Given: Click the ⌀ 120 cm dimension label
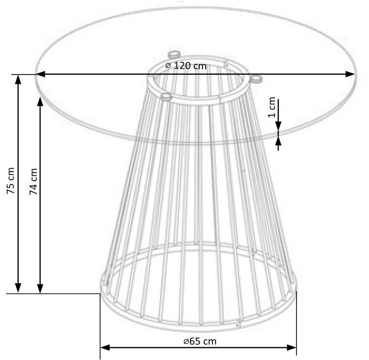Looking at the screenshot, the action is tap(186, 66).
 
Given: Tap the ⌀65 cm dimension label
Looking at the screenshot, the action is tap(200, 341).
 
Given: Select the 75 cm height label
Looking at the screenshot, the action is tap(11, 181).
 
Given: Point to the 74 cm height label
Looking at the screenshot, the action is tap(33, 181).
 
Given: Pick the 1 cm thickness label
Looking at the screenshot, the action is tap(272, 107).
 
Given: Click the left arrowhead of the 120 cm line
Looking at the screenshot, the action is tap(40, 74).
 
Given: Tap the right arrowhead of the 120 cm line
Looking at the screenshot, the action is tap(350, 74).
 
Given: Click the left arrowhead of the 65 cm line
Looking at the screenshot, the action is tap(105, 348).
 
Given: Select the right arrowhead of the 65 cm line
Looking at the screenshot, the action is tap(292, 348).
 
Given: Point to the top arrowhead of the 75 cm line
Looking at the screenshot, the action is tap(18, 80).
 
